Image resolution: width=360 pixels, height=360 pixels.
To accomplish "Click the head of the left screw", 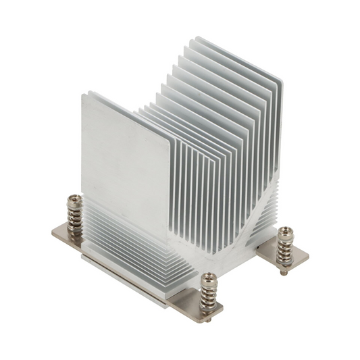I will pos(76,200).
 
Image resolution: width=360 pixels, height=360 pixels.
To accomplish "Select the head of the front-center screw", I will pos(209,278).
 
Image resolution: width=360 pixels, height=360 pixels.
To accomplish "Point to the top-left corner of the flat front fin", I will pos(84,97).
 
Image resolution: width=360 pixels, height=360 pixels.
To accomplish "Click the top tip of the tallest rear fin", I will pos(197,38).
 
